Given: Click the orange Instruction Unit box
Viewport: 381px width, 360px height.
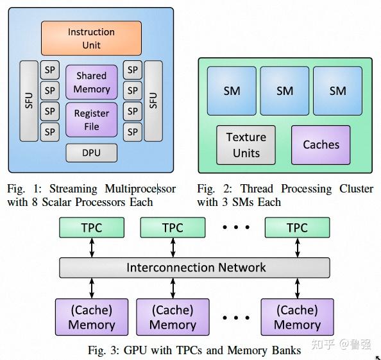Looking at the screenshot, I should pos(91,38).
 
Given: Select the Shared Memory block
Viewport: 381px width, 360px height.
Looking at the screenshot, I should pos(92,82).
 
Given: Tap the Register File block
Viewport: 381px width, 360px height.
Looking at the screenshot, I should pos(92,120).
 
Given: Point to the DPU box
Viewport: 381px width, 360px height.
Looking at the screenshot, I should pos(92,153).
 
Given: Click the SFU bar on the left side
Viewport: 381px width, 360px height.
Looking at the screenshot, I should pos(30,101).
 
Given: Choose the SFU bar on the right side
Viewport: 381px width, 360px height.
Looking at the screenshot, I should pos(153,101).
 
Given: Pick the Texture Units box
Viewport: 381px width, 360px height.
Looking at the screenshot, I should pos(246,145).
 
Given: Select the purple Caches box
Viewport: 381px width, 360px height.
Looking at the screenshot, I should pos(321,144).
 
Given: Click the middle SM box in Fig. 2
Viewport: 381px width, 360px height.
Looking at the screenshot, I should pos(285,91).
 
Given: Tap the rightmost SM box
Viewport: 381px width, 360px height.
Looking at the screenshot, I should pos(337,91).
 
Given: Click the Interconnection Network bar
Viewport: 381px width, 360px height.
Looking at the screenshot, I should pos(195,268).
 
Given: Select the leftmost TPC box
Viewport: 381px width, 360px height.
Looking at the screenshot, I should pos(92,228).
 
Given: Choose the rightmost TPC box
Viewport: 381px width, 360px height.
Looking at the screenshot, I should pos(297,228).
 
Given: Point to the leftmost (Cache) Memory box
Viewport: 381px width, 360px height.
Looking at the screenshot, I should pos(92,317).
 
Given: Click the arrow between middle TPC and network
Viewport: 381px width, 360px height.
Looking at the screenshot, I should pos(173,247).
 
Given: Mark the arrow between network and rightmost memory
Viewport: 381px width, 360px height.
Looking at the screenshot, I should pos(297,288).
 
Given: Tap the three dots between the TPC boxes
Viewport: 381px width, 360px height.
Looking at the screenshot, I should pos(235,228).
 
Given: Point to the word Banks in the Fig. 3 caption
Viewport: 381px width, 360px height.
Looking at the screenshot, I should pos(285,350).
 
